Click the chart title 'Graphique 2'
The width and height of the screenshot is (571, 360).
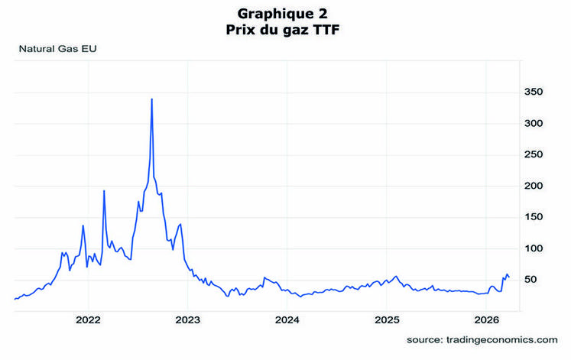(286, 14)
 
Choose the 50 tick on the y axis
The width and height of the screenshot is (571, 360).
(534, 280)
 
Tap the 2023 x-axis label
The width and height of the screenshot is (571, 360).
(188, 319)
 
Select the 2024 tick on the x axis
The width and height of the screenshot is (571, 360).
(287, 319)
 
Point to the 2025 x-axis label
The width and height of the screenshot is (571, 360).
(387, 319)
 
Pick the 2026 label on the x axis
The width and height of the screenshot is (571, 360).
(486, 319)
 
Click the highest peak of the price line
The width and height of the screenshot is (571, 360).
(152, 99)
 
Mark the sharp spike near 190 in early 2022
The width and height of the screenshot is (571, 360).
(104, 190)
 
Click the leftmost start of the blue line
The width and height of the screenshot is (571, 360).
(15, 299)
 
